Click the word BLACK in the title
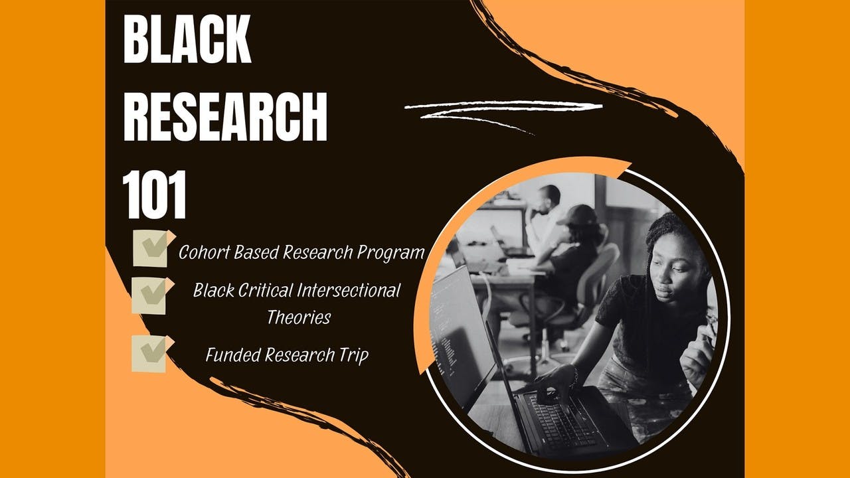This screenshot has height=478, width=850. coord(187,40)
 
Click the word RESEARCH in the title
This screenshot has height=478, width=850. coord(225,117)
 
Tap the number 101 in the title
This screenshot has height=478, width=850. coord(155,197)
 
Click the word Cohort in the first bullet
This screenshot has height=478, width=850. coord(200,252)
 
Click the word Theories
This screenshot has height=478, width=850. coord(298,317)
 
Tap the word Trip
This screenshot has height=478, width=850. coord(353,355)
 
